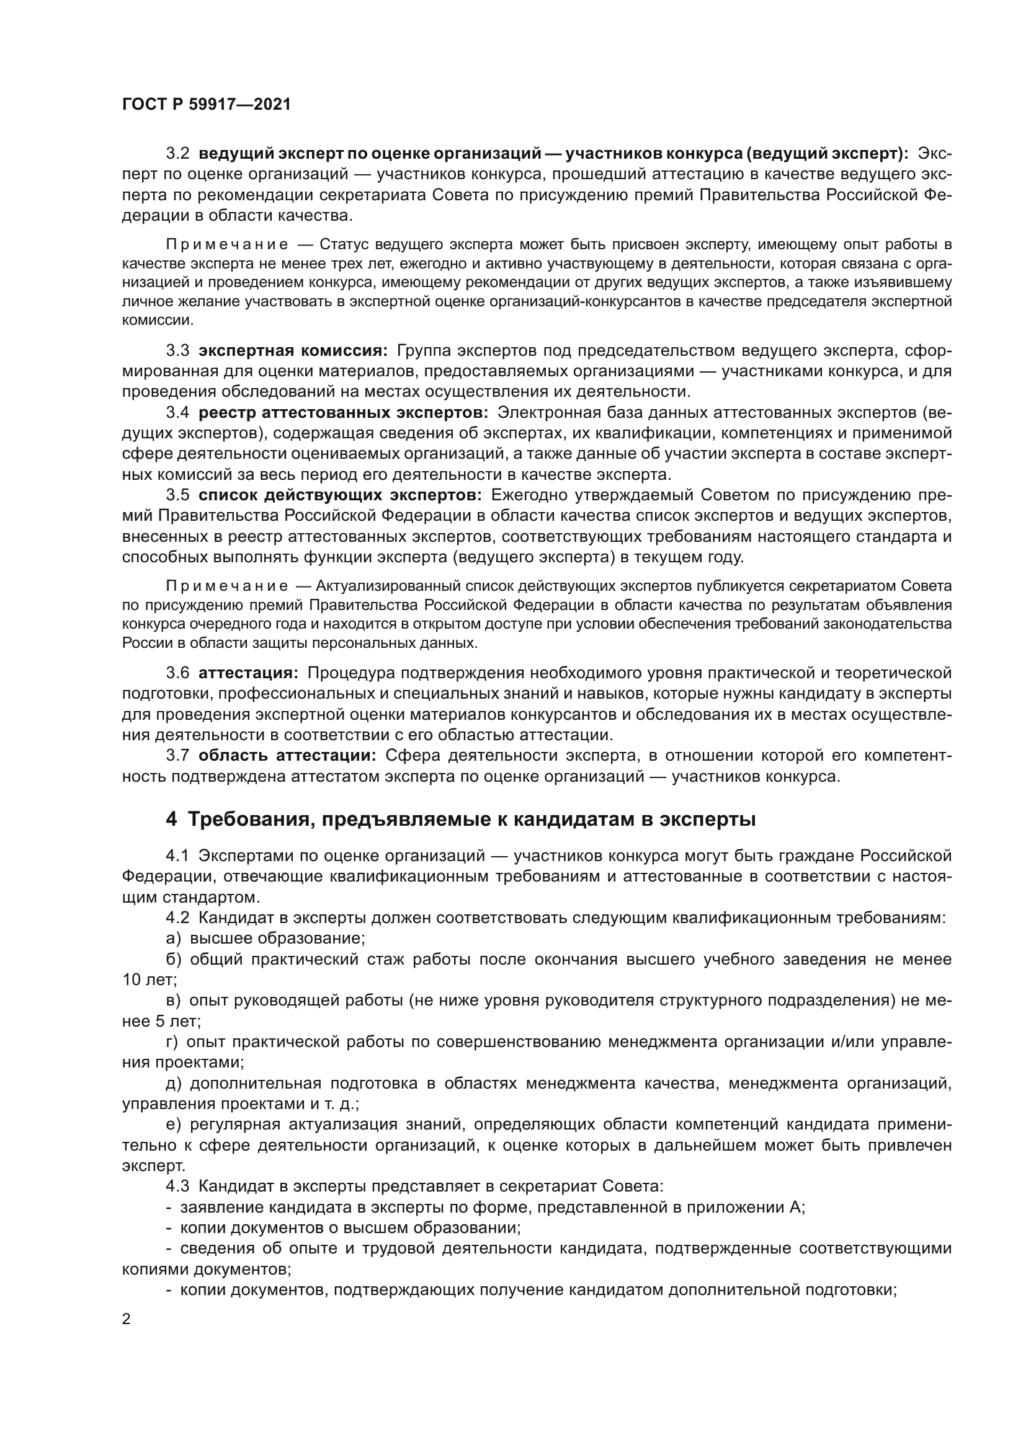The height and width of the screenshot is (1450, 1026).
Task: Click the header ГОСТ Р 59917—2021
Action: pyautogui.click(x=206, y=105)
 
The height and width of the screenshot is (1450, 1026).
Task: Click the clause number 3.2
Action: pyautogui.click(x=177, y=154)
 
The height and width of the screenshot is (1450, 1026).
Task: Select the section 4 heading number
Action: pyautogui.click(x=171, y=820)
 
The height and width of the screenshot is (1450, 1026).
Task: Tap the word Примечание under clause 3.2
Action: pyautogui.click(x=227, y=244)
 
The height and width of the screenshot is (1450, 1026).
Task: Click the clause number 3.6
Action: pyautogui.click(x=177, y=673)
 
